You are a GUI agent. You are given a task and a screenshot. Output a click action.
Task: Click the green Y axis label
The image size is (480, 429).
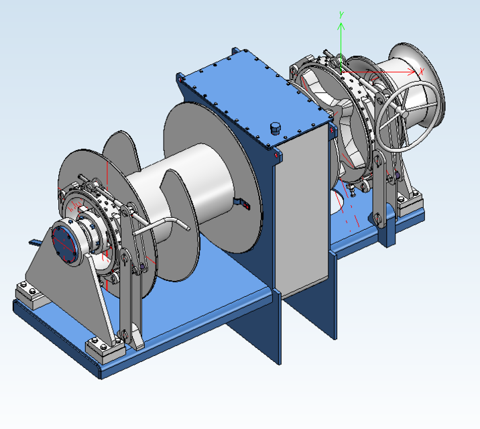tap(342, 14)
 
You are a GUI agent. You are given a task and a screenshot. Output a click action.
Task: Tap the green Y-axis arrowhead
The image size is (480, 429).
tap(341, 26)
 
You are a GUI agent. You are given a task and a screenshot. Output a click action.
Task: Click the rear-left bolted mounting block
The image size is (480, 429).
tap(29, 292)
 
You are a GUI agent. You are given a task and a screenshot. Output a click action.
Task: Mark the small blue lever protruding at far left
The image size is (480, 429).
tap(34, 241)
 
